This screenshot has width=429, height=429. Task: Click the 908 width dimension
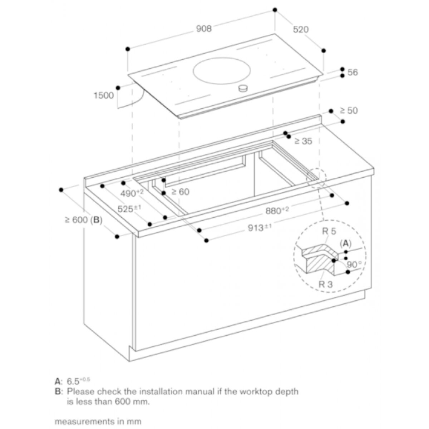pos(204,29)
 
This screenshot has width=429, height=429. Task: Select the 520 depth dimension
pos(301,29)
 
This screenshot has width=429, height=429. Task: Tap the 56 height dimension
pos(352,72)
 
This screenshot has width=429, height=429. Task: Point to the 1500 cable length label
pos(104,95)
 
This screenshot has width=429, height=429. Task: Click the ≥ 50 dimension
pos(348,110)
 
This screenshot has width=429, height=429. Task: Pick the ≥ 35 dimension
pos(303,141)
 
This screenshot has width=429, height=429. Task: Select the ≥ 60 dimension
pos(180,192)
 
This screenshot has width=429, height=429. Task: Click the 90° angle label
pos(354,265)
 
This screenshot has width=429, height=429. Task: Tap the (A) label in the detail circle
pos(345,243)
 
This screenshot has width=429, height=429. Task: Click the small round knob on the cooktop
pos(244,88)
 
